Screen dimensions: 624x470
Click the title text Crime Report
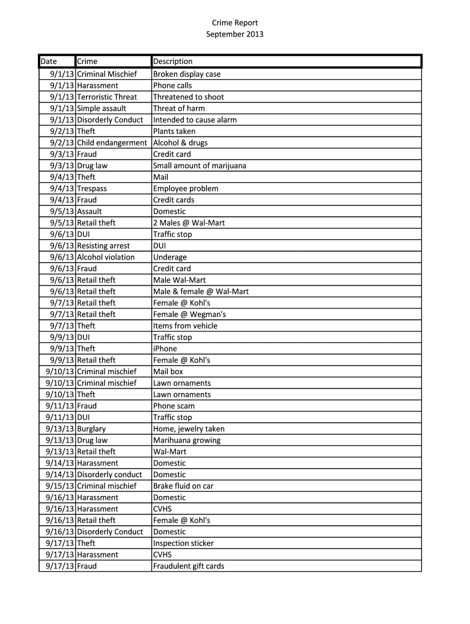tap(235, 23)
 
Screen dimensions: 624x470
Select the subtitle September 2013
tap(235, 35)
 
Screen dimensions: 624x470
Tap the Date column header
tap(49, 62)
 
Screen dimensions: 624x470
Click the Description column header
tap(173, 62)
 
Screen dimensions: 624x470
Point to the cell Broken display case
tap(187, 74)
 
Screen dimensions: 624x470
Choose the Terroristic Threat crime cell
tap(107, 97)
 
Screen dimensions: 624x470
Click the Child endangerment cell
tap(112, 143)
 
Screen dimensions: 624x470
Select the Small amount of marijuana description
tap(200, 166)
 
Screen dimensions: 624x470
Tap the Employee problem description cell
tap(186, 189)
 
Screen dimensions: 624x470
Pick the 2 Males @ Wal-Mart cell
tap(189, 223)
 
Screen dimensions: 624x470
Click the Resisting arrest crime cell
tap(103, 246)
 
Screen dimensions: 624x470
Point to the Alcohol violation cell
tap(106, 257)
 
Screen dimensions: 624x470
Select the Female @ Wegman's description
tap(189, 314)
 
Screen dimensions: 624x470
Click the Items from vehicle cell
tap(185, 326)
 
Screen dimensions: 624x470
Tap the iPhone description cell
tap(165, 349)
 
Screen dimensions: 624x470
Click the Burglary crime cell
tap(91, 429)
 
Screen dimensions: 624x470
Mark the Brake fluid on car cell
tap(183, 486)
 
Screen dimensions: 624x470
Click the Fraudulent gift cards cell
tap(189, 566)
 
